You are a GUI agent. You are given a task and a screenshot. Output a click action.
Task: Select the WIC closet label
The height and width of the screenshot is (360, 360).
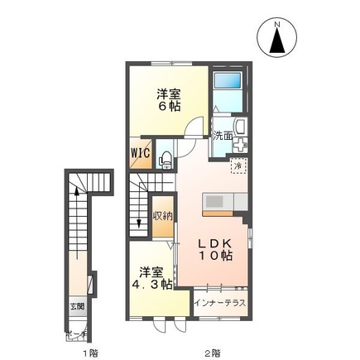[139, 154]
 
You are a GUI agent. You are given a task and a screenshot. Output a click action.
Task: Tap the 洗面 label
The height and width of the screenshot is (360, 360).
[222, 136]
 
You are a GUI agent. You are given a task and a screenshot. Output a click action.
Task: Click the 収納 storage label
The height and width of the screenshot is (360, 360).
[162, 217]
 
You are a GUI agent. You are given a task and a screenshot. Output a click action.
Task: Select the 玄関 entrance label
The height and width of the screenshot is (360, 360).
[76, 305]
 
